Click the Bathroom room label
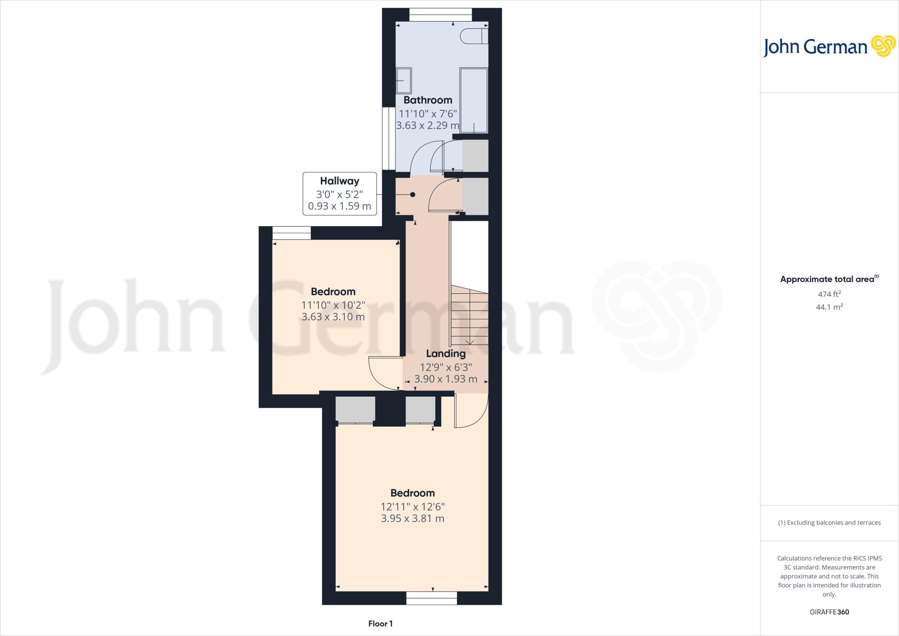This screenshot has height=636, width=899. (428, 100)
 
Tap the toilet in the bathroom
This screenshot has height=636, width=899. (473, 36)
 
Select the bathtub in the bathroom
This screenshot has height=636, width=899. (474, 100)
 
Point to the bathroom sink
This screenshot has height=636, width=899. (404, 80)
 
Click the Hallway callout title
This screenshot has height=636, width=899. (339, 181)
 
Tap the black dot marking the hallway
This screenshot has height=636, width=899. (413, 195)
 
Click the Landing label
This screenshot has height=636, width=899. (446, 354)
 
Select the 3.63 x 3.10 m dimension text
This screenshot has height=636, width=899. (333, 317)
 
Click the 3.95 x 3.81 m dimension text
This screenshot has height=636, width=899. (412, 518)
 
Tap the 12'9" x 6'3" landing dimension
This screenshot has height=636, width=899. (446, 367)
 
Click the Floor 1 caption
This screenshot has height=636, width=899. (380, 624)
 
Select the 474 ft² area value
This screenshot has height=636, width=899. (829, 294)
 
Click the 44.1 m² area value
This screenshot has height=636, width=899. (829, 307)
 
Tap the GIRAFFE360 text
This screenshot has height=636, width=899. (829, 612)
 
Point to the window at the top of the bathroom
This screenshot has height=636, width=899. (440, 14)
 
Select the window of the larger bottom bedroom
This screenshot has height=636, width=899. (432, 598)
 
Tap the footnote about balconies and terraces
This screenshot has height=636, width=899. (829, 523)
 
